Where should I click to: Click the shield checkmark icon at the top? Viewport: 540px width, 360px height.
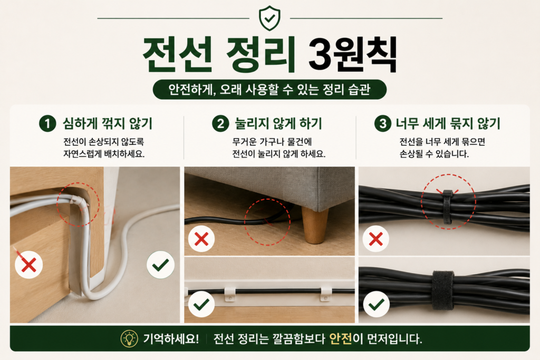tap(269, 18)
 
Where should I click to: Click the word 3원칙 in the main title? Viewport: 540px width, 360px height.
tap(352, 55)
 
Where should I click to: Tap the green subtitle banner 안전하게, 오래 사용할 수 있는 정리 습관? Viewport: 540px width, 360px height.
tap(269, 90)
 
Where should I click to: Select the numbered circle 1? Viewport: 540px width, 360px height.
tap(47, 123)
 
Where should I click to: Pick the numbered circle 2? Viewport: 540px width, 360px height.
tap(220, 123)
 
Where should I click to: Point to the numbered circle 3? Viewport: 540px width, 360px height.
tap(383, 123)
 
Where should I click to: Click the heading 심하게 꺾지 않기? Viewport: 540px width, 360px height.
tap(108, 123)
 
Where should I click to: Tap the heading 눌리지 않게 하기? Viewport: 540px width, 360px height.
tap(278, 123)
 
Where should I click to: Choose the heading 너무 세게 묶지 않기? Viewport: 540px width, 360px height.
tap(448, 123)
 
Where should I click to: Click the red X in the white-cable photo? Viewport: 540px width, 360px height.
tap(28, 265)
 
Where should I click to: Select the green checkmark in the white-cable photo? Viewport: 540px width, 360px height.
tap(160, 265)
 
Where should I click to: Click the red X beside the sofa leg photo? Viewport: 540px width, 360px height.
tap(201, 239)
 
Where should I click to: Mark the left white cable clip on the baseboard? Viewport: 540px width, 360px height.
tap(230, 293)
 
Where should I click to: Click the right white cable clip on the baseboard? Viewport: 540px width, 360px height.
tap(326, 293)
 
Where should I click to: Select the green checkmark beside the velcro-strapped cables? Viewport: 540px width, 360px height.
tap(377, 304)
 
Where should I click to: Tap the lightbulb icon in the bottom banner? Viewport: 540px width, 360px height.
tap(129, 339)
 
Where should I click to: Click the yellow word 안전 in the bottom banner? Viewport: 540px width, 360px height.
tap(341, 339)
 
